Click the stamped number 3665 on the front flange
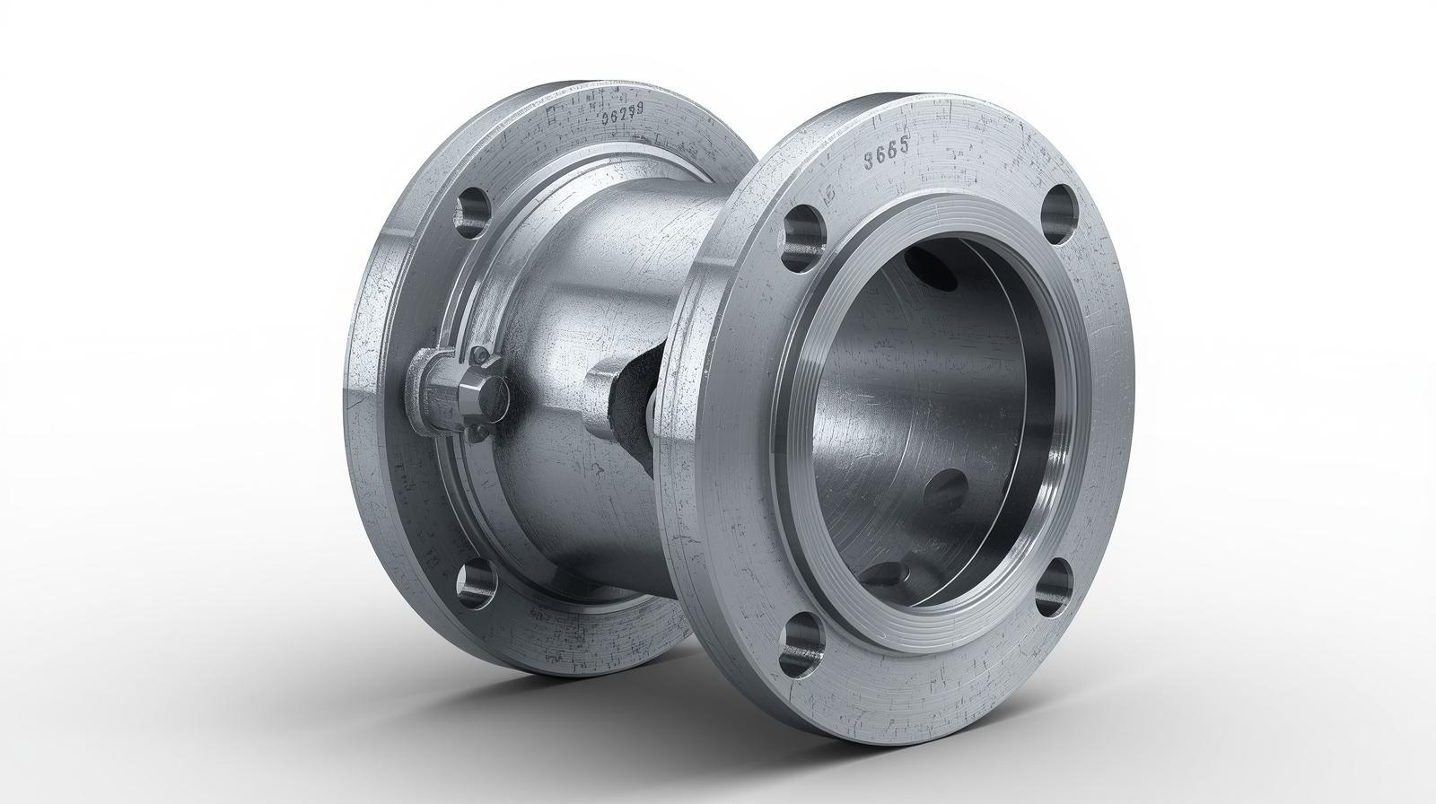click(x=886, y=159)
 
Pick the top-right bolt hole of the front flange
click(x=1060, y=213)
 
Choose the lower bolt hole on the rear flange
click(x=476, y=583)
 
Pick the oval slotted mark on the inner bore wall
click(x=944, y=485)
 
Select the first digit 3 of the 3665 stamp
click(x=869, y=161)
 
